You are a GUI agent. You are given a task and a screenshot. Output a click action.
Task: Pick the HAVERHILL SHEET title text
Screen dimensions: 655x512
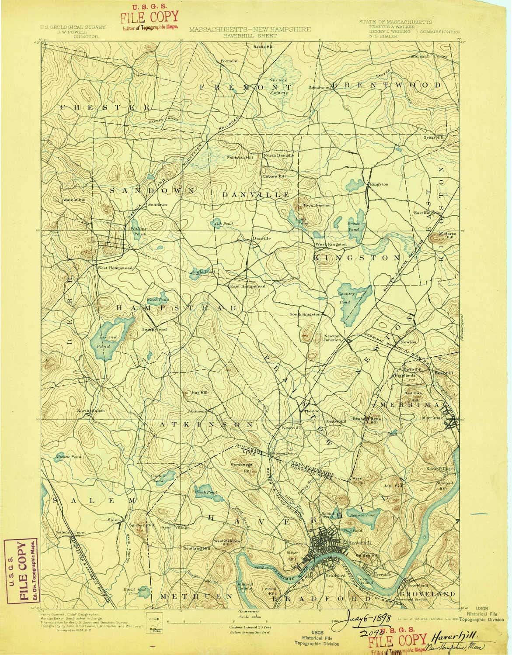click(250, 37)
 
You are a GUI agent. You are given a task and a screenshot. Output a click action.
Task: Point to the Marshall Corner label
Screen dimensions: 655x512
click(426, 56)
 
